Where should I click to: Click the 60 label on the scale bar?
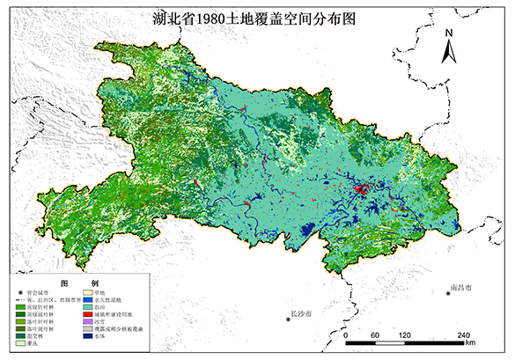coord(375,335)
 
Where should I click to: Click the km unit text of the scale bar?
coord(470,342)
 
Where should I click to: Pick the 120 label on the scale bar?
coord(406,335)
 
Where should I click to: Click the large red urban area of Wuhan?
coord(360,190)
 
